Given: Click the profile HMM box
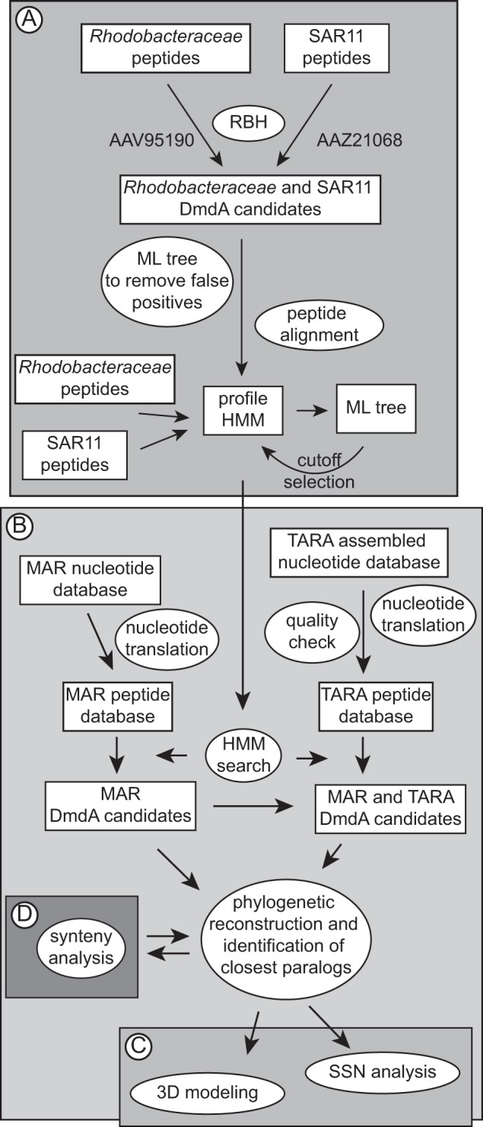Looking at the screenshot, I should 239,408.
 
